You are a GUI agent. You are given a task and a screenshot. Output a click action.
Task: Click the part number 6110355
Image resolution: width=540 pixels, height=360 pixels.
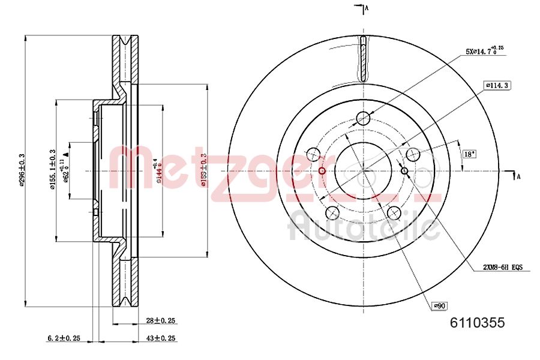pyautogui.click(x=477, y=323)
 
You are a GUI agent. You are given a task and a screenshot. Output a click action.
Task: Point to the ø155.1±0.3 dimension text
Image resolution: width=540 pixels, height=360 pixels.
pyautogui.click(x=53, y=170)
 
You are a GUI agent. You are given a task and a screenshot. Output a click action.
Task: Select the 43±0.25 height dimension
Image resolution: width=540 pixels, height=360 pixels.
pyautogui.click(x=160, y=338)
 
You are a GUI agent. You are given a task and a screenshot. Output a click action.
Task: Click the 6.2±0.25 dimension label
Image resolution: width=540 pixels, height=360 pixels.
pyautogui.click(x=64, y=338)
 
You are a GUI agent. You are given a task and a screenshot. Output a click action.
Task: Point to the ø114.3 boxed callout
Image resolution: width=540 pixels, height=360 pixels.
pyautogui.click(x=497, y=86)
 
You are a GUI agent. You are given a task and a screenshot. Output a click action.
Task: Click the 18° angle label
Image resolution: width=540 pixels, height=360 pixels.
pyautogui.click(x=469, y=154)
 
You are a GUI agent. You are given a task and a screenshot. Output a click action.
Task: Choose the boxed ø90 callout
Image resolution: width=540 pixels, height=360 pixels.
pyautogui.click(x=440, y=306)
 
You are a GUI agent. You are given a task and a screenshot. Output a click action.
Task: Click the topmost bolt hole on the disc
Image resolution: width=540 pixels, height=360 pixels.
pyautogui.click(x=363, y=118)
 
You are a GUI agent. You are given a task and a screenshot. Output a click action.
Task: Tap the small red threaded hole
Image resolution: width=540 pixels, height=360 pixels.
pyautogui.click(x=322, y=172)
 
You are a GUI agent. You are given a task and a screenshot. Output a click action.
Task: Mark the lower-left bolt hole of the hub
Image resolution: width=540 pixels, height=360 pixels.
pyautogui.click(x=332, y=212)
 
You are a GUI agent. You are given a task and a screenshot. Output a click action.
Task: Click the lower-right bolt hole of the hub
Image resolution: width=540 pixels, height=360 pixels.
pyautogui.click(x=394, y=212)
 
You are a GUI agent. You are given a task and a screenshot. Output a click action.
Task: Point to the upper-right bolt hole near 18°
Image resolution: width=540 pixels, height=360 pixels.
pyautogui.click(x=412, y=155)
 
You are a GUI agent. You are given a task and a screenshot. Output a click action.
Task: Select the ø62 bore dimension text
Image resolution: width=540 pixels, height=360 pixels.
pyautogui.click(x=66, y=170)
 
